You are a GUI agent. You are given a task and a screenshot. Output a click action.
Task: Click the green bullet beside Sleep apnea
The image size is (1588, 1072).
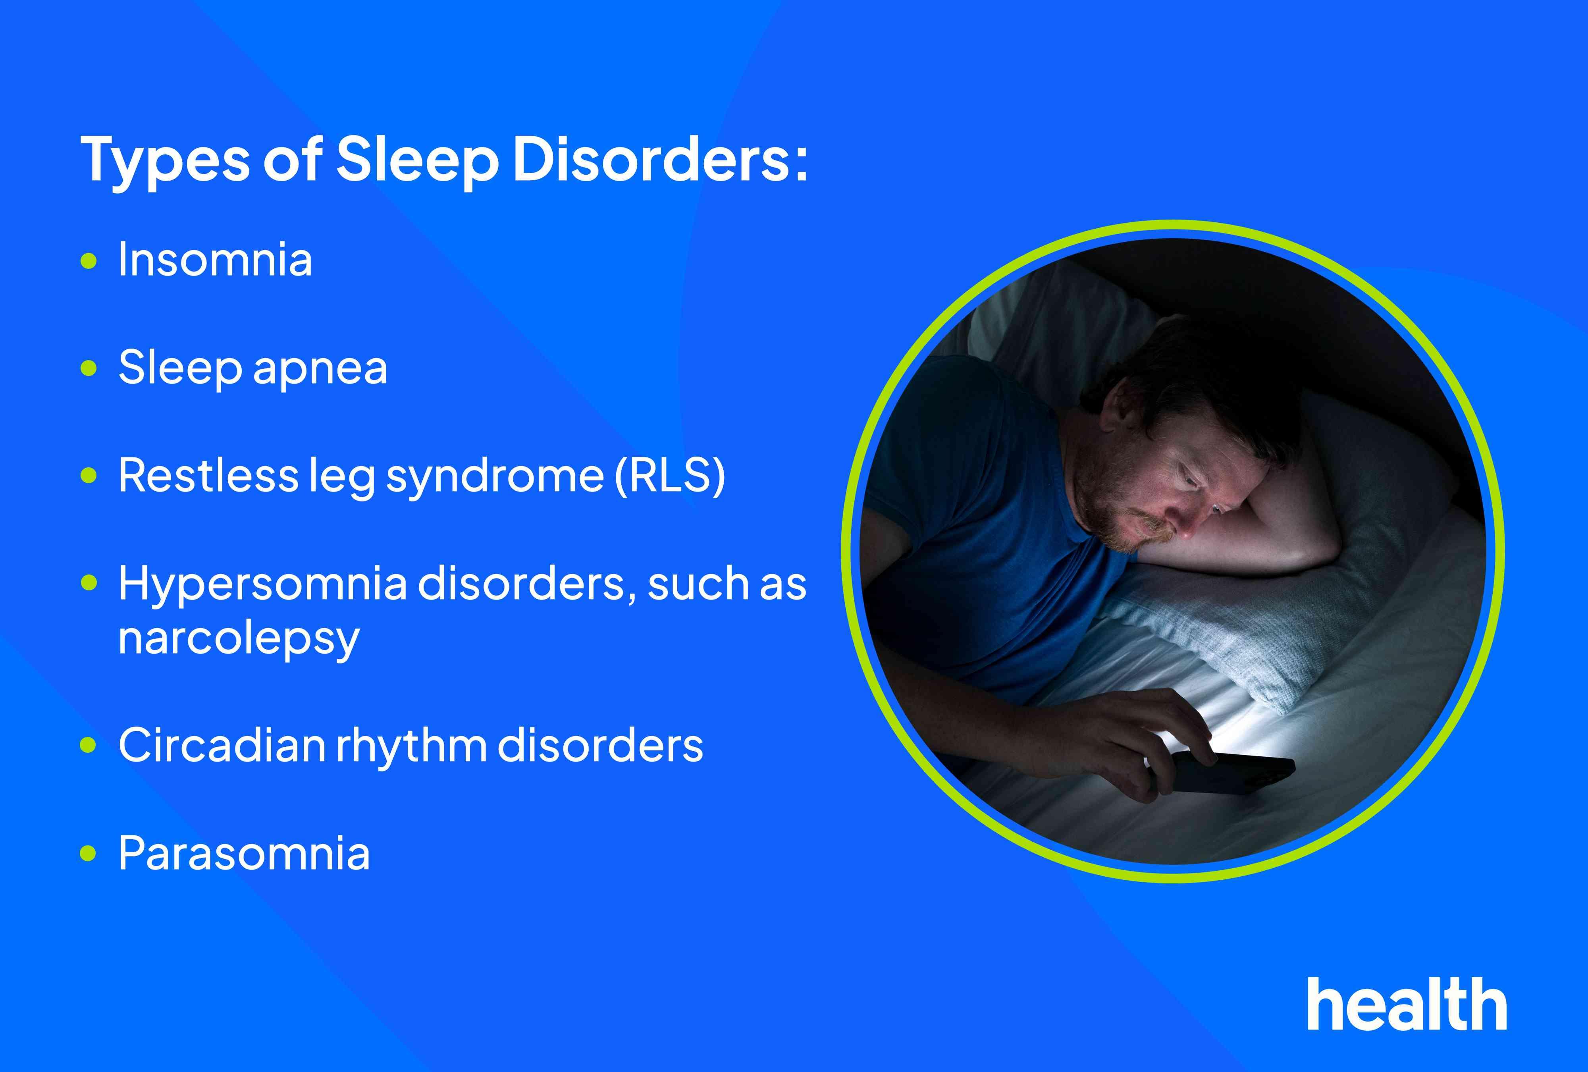coord(89,368)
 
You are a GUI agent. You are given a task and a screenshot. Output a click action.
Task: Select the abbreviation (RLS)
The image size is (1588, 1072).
coord(670,476)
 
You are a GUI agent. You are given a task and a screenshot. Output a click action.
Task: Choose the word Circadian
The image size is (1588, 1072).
coord(222,745)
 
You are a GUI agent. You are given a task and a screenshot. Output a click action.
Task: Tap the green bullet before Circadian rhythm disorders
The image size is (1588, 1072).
coord(89,745)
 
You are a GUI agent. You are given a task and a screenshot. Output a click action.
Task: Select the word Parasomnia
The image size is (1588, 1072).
coord(244,853)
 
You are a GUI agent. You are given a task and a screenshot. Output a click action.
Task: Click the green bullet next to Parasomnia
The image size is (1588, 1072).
coord(89,853)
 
